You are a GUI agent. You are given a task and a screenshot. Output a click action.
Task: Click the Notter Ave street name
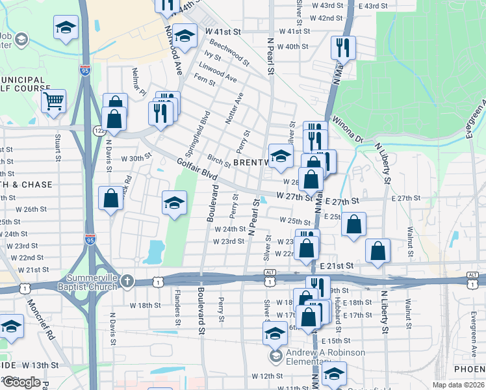coord(234,108)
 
